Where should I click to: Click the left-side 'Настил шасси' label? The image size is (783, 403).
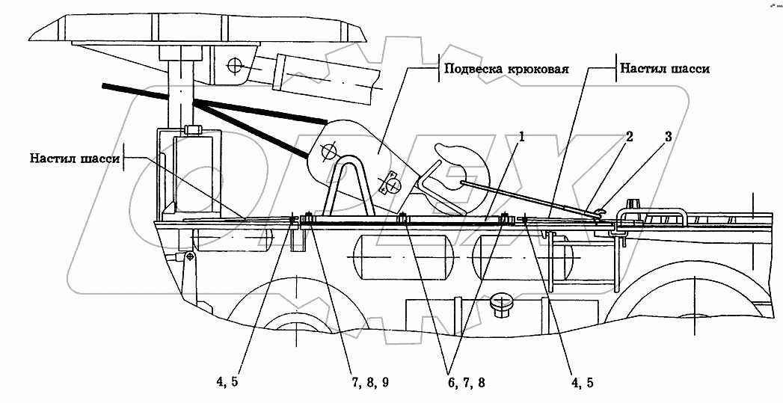tap(75, 158)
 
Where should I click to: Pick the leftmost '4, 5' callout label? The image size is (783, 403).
tap(228, 381)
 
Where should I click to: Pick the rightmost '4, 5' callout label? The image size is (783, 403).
tap(582, 381)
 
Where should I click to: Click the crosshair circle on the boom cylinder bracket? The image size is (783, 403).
tap(236, 65)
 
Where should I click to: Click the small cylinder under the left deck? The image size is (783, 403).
tap(233, 240)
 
